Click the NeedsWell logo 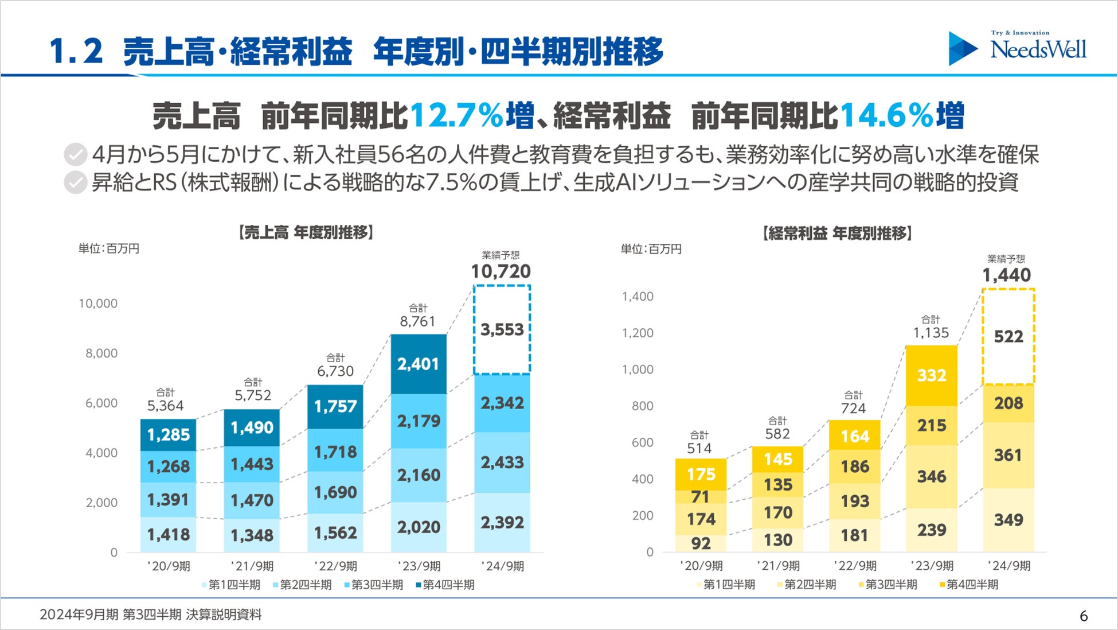click(x=1018, y=48)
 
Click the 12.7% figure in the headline click(x=456, y=115)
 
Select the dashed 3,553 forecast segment click(x=502, y=330)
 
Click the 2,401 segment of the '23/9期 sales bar click(x=419, y=364)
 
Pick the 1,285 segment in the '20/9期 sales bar click(x=168, y=435)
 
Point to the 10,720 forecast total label click(x=501, y=271)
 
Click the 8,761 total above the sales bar click(x=418, y=321)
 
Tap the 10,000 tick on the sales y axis click(x=98, y=304)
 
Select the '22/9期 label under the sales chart click(x=336, y=566)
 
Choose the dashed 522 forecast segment click(x=1008, y=337)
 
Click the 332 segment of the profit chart click(x=932, y=375)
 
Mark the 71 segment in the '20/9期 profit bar click(x=701, y=497)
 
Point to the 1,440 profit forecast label click(x=1007, y=275)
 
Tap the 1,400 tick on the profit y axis click(x=638, y=297)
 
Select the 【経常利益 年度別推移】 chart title click(x=837, y=233)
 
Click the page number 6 click(x=1084, y=616)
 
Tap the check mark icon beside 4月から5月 click(x=75, y=155)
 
